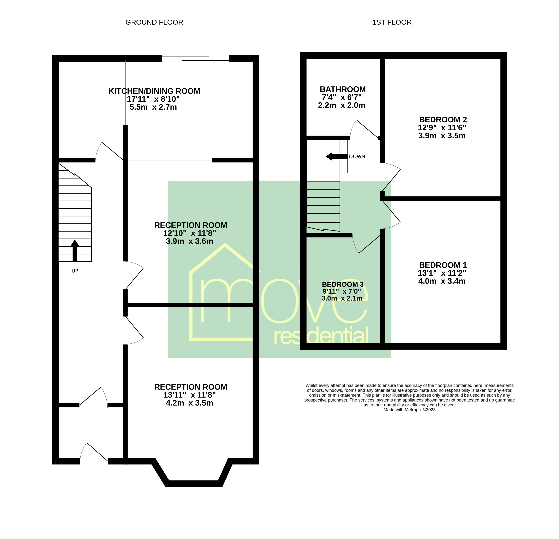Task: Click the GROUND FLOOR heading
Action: [154, 22]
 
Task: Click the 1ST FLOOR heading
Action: [392, 22]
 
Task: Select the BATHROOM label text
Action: [342, 89]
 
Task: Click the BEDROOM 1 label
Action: [443, 265]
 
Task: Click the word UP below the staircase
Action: [75, 271]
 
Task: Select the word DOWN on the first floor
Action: [357, 157]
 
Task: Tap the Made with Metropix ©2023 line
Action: [410, 410]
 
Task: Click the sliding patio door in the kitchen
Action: [196, 58]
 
